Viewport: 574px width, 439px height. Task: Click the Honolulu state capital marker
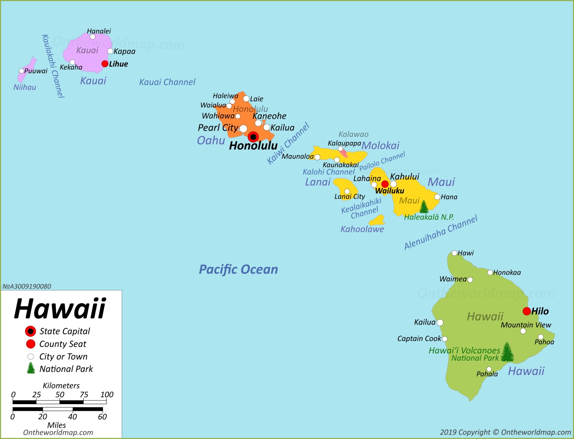click(253, 137)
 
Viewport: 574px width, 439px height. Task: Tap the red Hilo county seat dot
click(527, 311)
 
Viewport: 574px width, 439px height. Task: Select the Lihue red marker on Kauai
click(105, 64)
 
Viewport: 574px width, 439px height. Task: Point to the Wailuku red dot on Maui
click(385, 184)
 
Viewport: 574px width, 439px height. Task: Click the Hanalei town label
click(99, 31)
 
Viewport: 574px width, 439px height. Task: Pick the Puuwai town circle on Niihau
click(21, 71)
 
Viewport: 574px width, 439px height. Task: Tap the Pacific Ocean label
click(238, 269)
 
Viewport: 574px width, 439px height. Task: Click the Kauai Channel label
click(167, 82)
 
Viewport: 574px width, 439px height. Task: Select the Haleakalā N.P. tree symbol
click(424, 207)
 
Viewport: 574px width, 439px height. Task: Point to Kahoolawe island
click(377, 221)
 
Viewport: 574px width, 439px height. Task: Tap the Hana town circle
click(437, 197)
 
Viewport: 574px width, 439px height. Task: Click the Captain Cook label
click(419, 339)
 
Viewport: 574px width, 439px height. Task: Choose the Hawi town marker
click(454, 253)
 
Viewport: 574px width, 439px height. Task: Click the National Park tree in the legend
click(31, 368)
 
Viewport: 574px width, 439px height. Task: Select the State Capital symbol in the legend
click(30, 331)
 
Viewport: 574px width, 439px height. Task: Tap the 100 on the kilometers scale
click(107, 395)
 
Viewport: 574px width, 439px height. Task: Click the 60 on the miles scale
click(102, 417)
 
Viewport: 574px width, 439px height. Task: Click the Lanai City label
click(350, 197)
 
